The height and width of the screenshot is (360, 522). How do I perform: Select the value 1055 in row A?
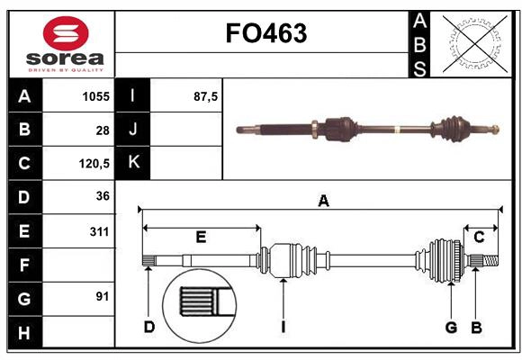(95, 96)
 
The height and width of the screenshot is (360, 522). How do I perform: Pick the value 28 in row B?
(103, 130)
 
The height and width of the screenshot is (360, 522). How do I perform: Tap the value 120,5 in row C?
(94, 164)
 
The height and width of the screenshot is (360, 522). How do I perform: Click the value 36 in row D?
(102, 197)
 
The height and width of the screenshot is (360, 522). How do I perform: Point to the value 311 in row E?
(99, 231)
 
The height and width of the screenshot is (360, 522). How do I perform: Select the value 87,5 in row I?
(206, 96)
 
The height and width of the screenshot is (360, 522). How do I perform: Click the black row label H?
(24, 332)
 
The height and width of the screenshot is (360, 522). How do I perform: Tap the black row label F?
(24, 265)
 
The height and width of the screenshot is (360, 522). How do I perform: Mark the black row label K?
(134, 163)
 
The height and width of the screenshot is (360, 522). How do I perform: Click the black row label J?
(134, 130)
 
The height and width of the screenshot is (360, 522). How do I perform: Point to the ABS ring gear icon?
(472, 43)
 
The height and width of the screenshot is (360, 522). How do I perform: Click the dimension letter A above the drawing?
(323, 202)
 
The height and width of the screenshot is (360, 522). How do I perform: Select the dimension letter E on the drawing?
(201, 237)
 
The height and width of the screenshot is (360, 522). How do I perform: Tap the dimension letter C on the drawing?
(479, 237)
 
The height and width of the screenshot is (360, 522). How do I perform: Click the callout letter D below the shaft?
(148, 326)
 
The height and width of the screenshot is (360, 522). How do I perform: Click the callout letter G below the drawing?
(451, 326)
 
